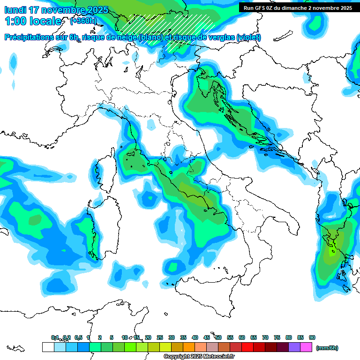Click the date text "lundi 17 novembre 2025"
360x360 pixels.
[x=56, y=10]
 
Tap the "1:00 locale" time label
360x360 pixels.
[x=33, y=21]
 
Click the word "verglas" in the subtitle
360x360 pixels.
[x=220, y=37]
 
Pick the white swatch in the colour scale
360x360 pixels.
[x=48, y=347]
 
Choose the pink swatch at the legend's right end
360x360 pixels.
[x=306, y=347]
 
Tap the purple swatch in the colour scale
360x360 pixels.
[x=294, y=347]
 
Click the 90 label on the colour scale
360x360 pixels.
[x=312, y=337]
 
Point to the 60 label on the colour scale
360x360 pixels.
[x=242, y=337]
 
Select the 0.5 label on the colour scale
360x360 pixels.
[x=78, y=337]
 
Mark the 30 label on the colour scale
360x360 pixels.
[x=172, y=337]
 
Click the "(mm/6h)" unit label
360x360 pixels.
[x=327, y=348]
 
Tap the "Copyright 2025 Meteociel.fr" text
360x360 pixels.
[x=199, y=356]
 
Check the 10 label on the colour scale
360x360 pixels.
[x=124, y=337]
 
